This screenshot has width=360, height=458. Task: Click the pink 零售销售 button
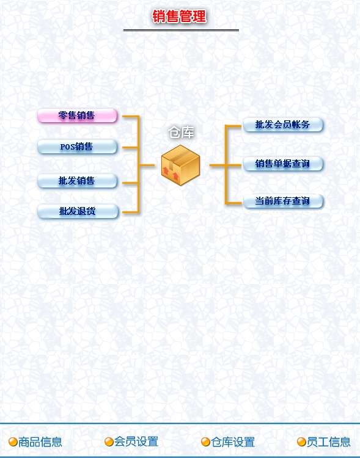[77, 115]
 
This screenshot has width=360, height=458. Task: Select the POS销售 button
[77, 147]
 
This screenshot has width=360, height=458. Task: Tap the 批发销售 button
[77, 181]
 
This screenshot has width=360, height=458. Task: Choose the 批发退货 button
[78, 211]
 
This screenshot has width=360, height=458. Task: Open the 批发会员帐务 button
[283, 125]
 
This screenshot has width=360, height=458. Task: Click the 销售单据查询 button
[283, 164]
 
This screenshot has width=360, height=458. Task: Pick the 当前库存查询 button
[283, 202]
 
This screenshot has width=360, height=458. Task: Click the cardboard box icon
[181, 165]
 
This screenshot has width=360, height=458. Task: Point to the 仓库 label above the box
[182, 133]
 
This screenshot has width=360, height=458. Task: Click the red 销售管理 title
[179, 16]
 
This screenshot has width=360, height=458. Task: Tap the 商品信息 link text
[40, 442]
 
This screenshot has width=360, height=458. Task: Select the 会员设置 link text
[136, 442]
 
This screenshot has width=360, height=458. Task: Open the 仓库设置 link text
[233, 442]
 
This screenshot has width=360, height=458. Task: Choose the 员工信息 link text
[328, 442]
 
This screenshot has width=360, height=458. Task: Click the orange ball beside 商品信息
[13, 442]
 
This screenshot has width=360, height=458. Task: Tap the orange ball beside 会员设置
[109, 442]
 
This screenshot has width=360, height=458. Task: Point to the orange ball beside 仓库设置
[205, 442]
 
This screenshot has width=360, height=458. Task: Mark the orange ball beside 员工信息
[301, 442]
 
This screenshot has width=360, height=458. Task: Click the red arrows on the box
[171, 173]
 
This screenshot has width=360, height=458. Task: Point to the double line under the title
[181, 30]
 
